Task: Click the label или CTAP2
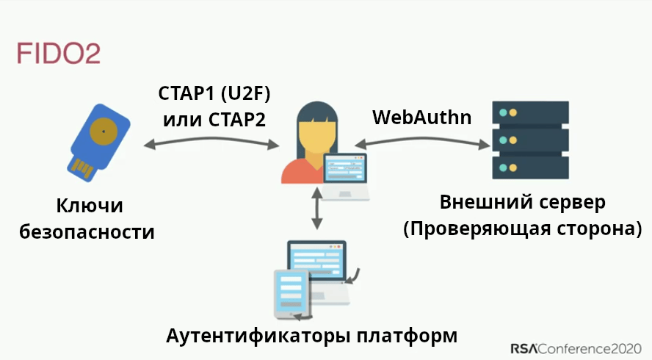(x=214, y=118)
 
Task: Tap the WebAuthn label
(x=422, y=117)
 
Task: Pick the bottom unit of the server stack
(x=531, y=168)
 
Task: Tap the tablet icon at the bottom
(x=291, y=294)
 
